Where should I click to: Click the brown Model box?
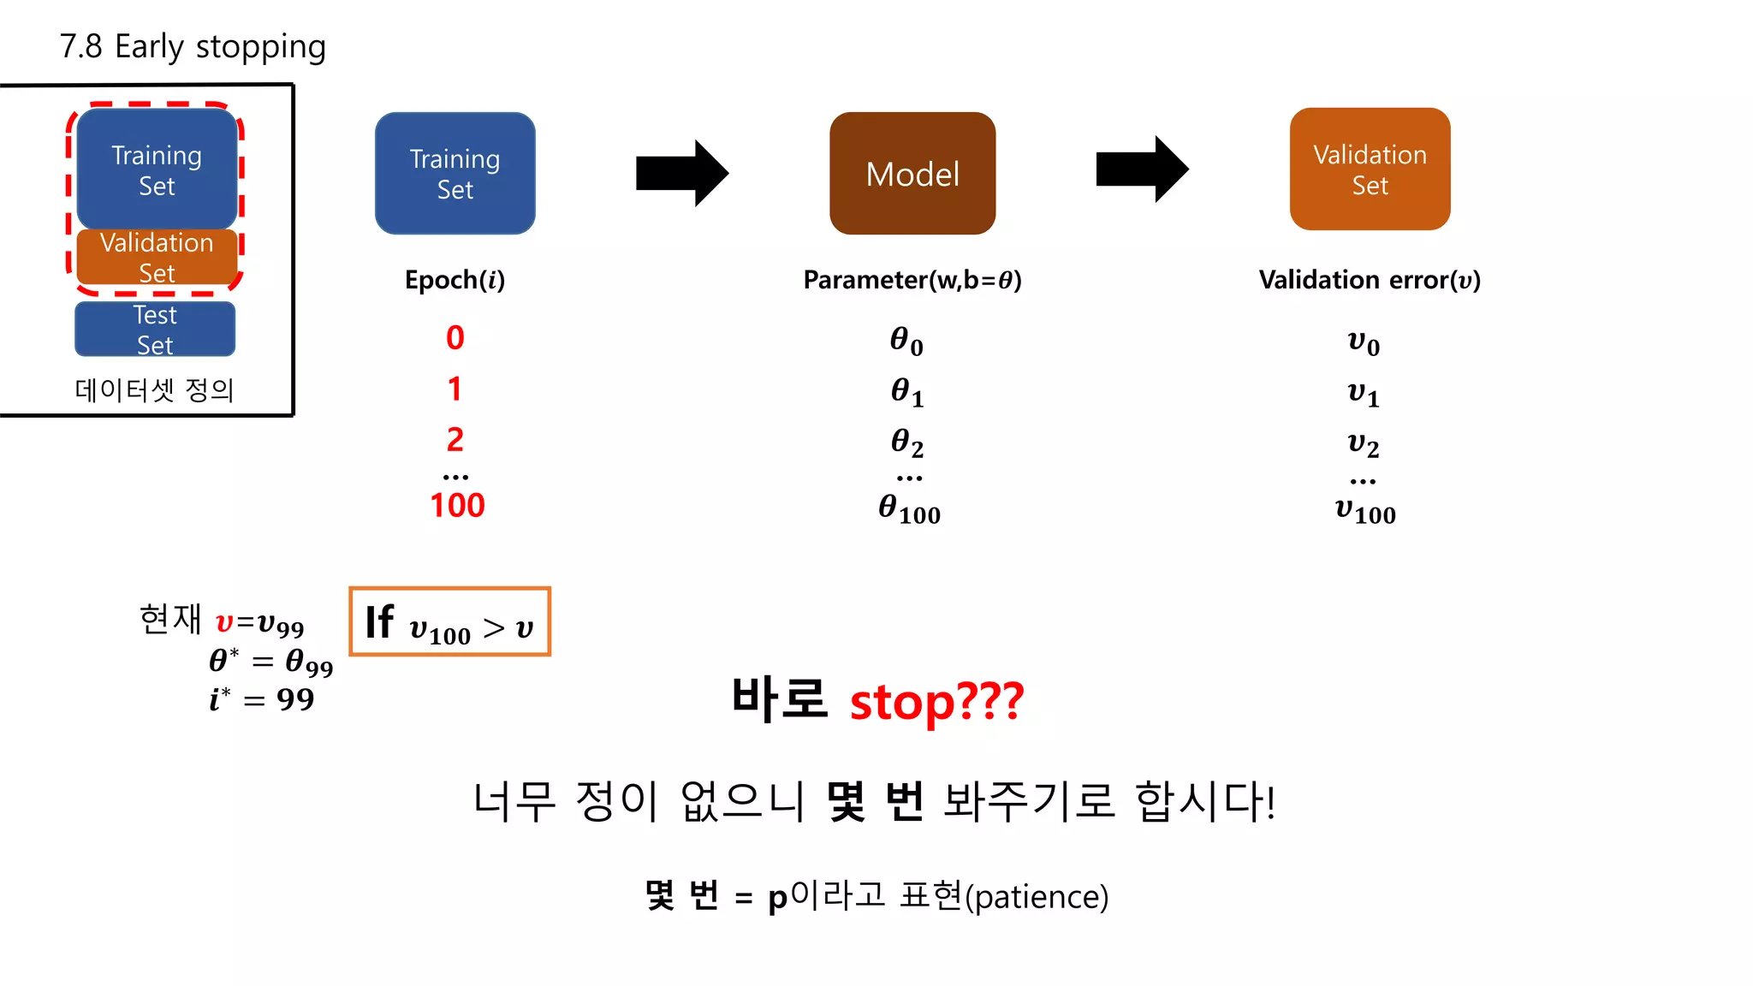click(x=912, y=173)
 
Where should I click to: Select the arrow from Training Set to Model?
click(x=681, y=173)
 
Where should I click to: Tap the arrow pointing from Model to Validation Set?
click(x=1142, y=169)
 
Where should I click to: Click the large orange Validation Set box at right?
click(x=1370, y=169)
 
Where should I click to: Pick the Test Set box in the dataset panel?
click(x=155, y=330)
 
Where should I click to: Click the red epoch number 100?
click(x=457, y=505)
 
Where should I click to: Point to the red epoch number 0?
click(x=455, y=338)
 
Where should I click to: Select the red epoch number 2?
click(x=455, y=440)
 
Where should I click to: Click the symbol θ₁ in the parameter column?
click(x=906, y=392)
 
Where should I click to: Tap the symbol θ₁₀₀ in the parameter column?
click(x=909, y=508)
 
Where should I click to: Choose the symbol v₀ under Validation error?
click(x=1363, y=342)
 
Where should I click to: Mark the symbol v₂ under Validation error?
click(x=1363, y=443)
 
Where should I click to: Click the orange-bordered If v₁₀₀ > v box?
click(x=449, y=622)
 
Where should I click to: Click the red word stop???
click(x=936, y=702)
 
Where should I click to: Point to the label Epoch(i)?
click(x=455, y=280)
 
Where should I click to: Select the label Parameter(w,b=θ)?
click(x=912, y=280)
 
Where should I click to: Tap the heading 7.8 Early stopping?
click(x=193, y=46)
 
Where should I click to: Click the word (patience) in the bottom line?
click(x=1037, y=897)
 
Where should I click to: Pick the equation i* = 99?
click(x=262, y=699)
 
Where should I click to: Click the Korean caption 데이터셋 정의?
click(x=154, y=390)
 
